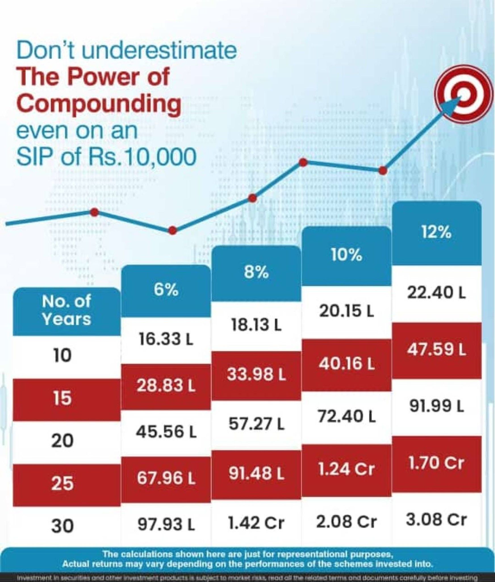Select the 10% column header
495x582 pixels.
[346, 255]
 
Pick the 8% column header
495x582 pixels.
[256, 273]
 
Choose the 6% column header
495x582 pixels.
[166, 290]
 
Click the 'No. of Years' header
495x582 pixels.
[66, 310]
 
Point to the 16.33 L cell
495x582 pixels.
[166, 339]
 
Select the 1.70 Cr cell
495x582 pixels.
[436, 463]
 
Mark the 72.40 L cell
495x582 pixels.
[346, 417]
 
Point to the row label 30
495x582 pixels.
[62, 525]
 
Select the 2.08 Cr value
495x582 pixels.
[346, 522]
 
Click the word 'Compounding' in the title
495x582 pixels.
[99, 105]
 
